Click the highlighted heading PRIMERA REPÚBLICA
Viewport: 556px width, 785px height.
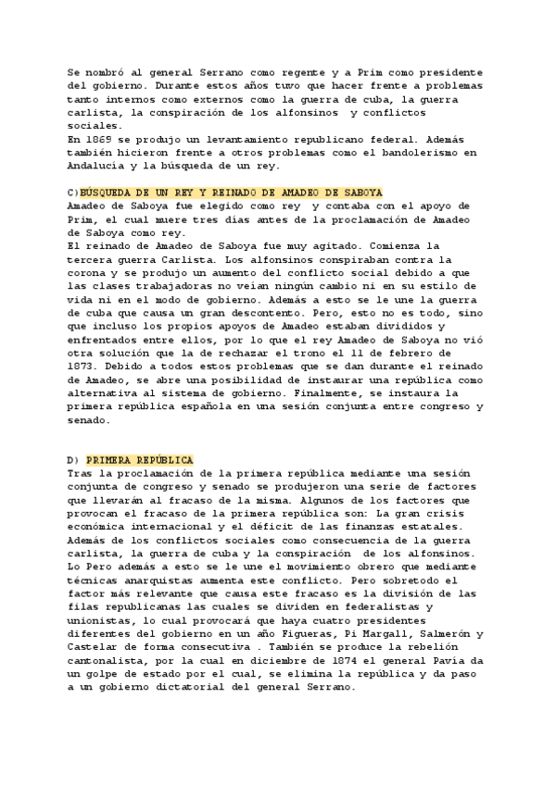[x=140, y=460]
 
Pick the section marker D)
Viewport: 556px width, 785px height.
[x=74, y=460]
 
